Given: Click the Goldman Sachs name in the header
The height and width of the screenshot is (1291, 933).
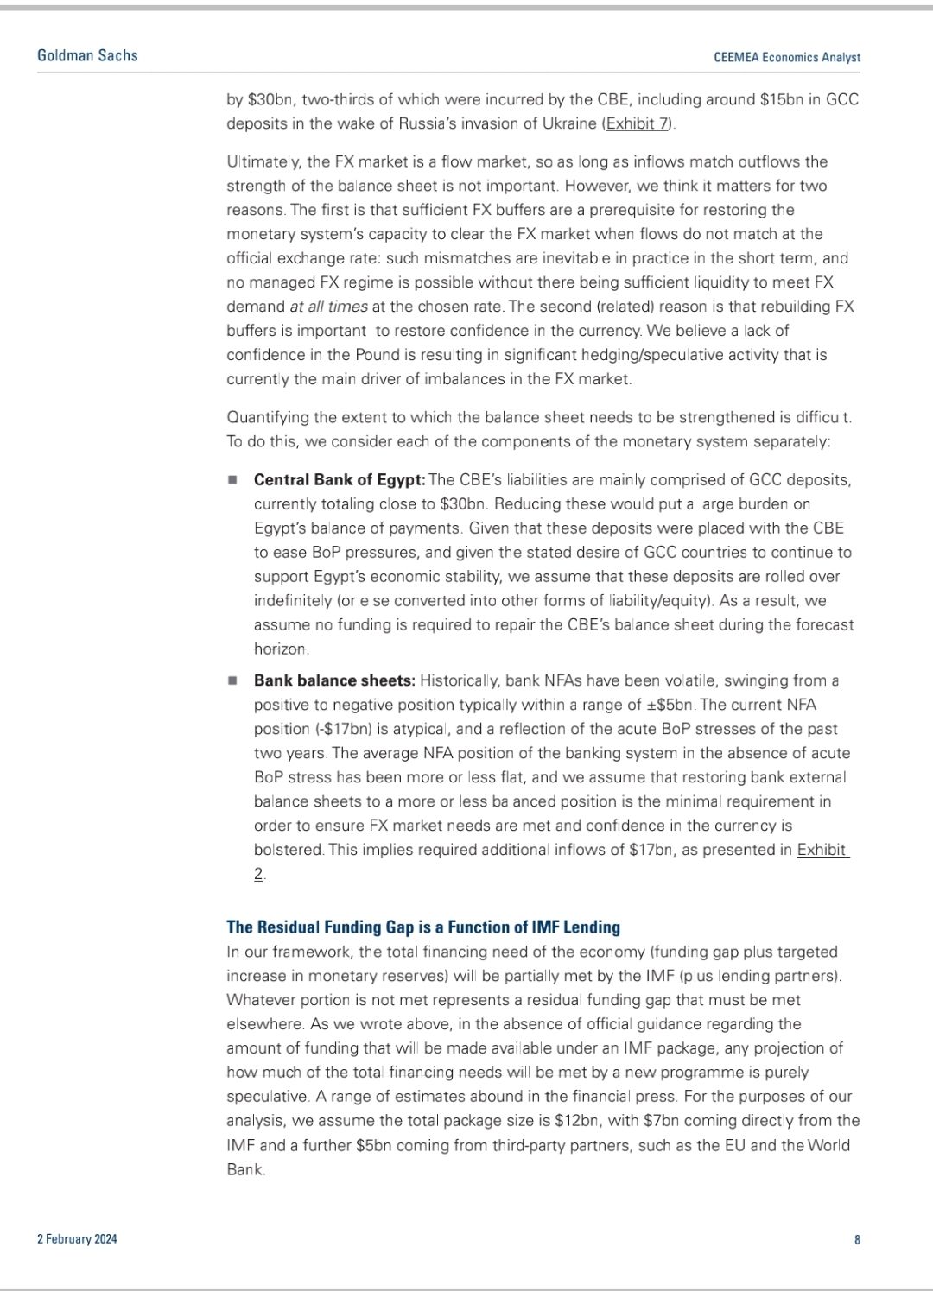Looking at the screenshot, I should coord(87,55).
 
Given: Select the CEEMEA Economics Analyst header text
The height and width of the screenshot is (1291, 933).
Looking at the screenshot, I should coord(787,57).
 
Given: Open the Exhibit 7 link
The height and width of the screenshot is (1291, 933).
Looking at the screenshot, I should coord(638,123).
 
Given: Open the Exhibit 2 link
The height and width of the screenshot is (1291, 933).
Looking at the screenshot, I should coord(822,851).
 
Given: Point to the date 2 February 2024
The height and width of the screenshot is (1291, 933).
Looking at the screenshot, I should coord(77,1239).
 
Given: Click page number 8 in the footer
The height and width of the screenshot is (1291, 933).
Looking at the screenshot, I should coord(857,1239).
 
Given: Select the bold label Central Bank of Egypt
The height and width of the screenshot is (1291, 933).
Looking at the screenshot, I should coord(339,479).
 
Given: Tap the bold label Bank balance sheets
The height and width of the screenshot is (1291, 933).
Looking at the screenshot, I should coord(334,680).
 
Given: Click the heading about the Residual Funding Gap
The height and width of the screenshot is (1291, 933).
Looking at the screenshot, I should coord(423,927).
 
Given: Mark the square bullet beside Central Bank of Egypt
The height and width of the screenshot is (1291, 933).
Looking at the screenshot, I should coord(232,479).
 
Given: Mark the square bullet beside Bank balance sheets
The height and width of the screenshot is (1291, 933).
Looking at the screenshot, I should coord(232,680).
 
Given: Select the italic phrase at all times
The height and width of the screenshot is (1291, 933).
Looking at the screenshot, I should coord(327,307).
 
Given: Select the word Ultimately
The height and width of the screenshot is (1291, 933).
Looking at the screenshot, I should coord(262,161).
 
